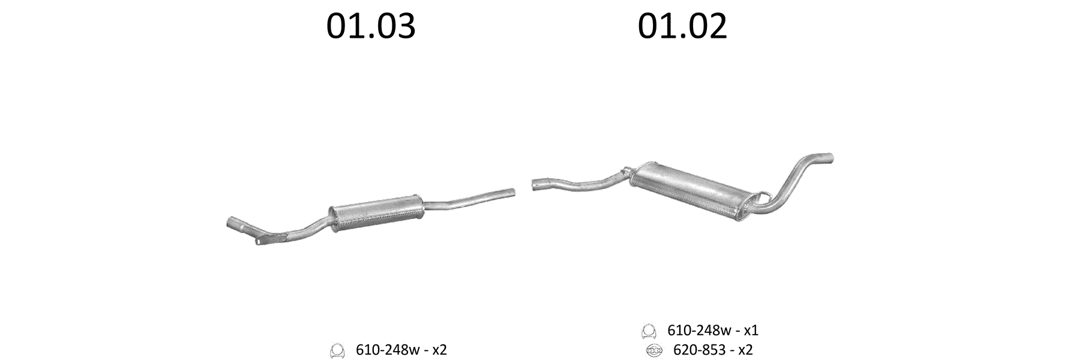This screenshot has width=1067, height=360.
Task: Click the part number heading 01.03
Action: [371, 26]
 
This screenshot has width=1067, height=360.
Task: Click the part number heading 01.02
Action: [682, 26]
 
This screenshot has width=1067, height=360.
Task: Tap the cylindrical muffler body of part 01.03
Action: [376, 212]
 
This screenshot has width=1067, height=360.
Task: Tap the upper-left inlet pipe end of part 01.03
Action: [232, 224]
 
